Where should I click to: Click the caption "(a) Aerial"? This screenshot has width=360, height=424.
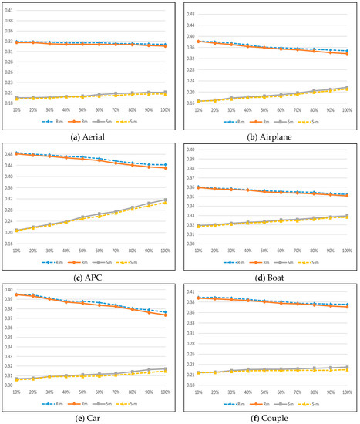click(x=89, y=136)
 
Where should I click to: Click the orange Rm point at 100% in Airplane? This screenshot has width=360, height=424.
click(x=346, y=54)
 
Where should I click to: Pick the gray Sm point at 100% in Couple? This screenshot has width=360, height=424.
click(x=346, y=367)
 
